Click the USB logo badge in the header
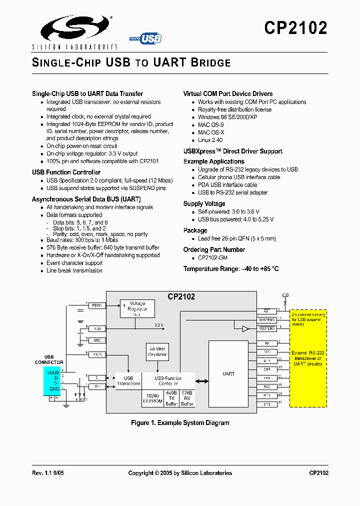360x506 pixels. [148, 38]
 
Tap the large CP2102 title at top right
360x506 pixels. [295, 28]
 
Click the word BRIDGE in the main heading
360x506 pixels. [210, 63]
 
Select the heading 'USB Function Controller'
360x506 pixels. [66, 172]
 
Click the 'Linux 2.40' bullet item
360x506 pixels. [210, 140]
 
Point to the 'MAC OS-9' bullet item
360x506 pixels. [210, 125]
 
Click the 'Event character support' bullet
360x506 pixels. [74, 263]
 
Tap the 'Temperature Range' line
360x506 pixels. [231, 269]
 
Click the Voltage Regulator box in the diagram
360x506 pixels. [137, 308]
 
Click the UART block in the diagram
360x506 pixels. [228, 373]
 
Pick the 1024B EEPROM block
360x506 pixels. [152, 398]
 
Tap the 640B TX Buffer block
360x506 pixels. [171, 398]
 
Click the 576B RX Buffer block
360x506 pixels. [187, 398]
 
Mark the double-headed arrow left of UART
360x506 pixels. [202, 381]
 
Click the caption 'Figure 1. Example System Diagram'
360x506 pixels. [180, 423]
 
